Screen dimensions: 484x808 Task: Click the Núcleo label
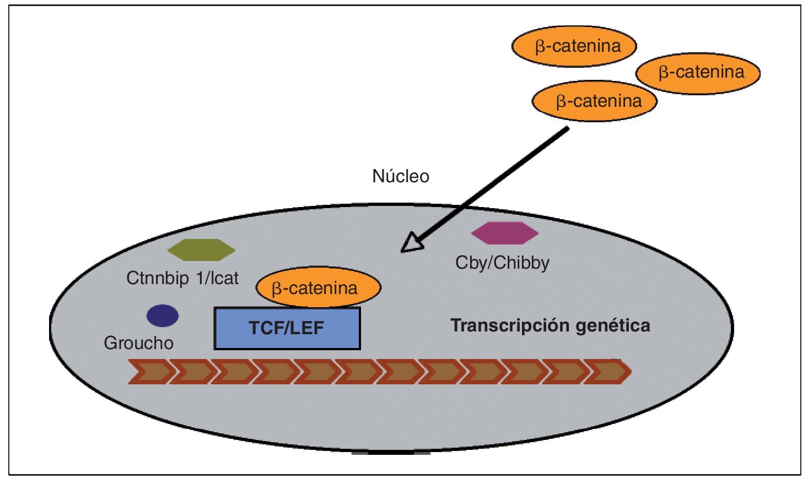coord(401,176)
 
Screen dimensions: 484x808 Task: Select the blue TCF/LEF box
coord(287,328)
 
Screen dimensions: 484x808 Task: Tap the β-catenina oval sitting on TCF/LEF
coord(318,287)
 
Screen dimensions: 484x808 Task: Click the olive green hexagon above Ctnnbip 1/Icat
coord(201,249)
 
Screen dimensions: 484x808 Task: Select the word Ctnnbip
coord(157,278)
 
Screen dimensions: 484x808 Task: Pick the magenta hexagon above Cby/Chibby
coord(504,233)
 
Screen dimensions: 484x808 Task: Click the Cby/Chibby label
coord(502,263)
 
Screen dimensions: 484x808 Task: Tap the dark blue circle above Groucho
coord(163,316)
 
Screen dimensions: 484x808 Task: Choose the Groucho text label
coord(138,343)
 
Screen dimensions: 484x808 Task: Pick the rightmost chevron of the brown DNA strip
coord(609,372)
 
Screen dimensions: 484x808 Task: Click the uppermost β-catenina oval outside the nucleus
coord(574,46)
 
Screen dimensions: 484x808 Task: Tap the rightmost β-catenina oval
coord(698,73)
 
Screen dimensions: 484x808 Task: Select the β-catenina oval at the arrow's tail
coord(594,101)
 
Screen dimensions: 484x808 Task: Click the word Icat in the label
coord(224,278)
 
